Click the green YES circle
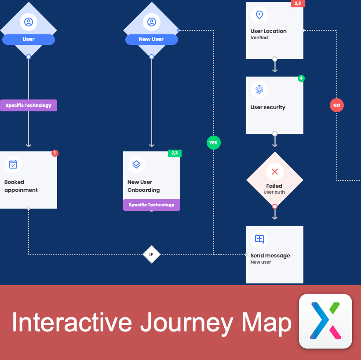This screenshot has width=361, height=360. (213, 143)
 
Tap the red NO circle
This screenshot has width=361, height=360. (336, 105)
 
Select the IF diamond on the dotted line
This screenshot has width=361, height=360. (151, 254)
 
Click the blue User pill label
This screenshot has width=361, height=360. (29, 39)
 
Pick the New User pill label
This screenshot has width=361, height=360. (151, 39)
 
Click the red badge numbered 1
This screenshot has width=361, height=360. (55, 153)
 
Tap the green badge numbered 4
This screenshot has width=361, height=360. (301, 78)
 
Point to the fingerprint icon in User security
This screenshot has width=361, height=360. (259, 90)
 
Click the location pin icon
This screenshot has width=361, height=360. (259, 15)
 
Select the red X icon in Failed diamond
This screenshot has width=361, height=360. (275, 172)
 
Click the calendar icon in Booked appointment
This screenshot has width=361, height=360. (13, 165)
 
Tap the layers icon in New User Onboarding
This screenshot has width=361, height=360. (136, 165)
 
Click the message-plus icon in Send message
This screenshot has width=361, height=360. (259, 239)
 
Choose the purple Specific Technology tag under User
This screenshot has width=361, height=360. (29, 106)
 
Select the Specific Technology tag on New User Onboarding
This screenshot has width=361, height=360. (151, 205)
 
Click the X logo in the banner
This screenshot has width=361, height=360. (325, 320)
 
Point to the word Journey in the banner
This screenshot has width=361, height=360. (186, 323)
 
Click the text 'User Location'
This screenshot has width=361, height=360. (268, 31)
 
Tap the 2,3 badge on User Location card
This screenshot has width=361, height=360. (298, 4)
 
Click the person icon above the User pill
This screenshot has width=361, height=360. (29, 22)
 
